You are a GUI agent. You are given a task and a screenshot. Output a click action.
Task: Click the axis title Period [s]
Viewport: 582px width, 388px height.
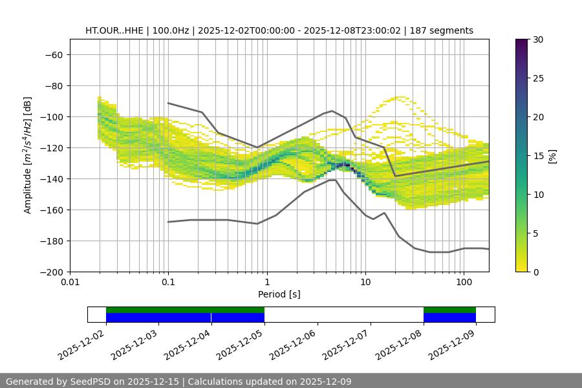click(x=279, y=294)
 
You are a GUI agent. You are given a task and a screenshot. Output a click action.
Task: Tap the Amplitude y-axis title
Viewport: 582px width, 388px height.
click(x=28, y=155)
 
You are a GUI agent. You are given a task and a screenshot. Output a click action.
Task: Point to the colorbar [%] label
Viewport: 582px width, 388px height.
click(x=552, y=156)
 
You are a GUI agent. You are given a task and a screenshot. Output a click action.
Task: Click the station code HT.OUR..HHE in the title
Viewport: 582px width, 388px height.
click(x=114, y=30)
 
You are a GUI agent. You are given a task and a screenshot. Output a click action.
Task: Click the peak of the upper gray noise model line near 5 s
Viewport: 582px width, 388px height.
click(x=332, y=111)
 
